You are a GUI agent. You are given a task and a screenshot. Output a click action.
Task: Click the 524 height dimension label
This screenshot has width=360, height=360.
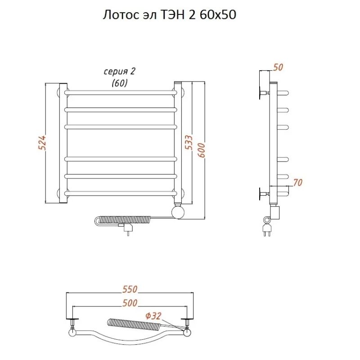coord(42,143)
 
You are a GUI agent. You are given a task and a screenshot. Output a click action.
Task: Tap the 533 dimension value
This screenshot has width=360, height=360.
coord(189,142)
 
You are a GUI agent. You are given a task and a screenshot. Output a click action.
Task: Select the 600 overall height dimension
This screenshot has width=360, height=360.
coord(201,150)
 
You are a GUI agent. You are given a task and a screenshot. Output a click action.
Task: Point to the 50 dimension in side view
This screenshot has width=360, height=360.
coord(278,67)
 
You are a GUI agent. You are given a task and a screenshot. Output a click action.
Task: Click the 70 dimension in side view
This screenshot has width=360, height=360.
coord(298,183)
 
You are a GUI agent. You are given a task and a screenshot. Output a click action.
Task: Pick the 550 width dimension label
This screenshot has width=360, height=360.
coord(130,289)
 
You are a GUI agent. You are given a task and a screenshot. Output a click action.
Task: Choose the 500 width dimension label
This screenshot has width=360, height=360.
coord(130,303)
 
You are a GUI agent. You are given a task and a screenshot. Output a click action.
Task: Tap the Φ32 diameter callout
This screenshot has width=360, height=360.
coord(153,316)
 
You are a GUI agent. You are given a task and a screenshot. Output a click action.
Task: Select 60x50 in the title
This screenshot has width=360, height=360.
coord(218,15)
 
